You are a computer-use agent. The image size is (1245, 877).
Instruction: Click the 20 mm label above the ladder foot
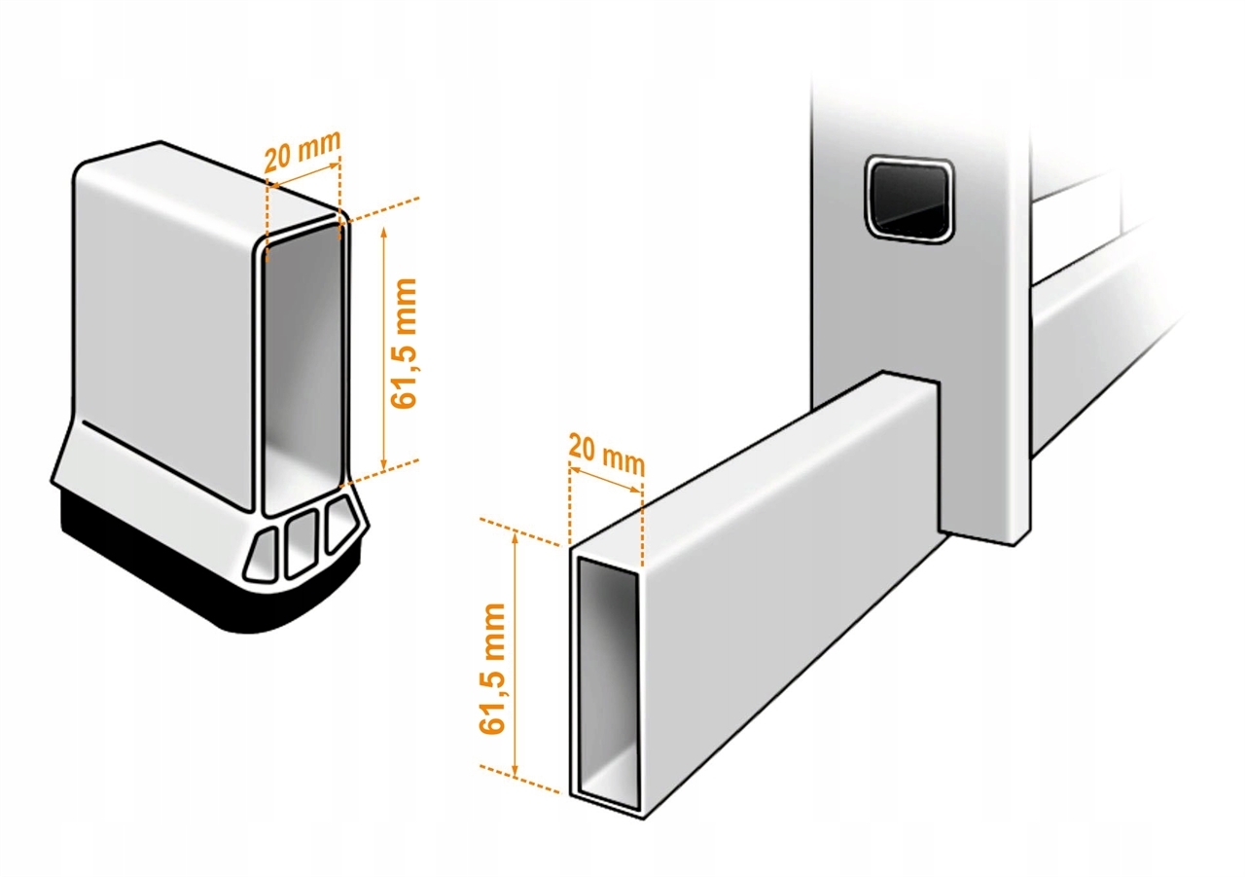click(302, 151)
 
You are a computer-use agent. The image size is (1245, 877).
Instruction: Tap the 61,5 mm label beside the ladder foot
click(404, 344)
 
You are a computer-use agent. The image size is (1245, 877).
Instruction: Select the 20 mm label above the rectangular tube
click(606, 455)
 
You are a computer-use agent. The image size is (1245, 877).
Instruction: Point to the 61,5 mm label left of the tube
click(492, 669)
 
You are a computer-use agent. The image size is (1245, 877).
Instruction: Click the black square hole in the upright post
click(909, 200)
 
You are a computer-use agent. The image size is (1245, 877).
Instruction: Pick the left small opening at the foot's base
click(263, 556)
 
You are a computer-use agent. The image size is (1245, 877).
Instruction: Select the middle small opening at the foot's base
click(301, 543)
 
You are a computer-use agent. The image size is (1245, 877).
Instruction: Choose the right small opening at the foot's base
click(341, 523)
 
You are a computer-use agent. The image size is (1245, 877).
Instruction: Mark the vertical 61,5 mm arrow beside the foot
click(383, 348)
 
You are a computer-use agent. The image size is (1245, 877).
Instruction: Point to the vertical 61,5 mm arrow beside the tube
click(516, 654)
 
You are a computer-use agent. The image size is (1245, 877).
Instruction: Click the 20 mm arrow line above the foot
click(302, 173)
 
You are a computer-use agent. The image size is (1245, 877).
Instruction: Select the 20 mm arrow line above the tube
click(606, 480)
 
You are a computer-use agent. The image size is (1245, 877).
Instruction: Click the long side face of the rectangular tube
click(789, 590)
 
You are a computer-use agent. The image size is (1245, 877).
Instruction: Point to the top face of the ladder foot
click(211, 184)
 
